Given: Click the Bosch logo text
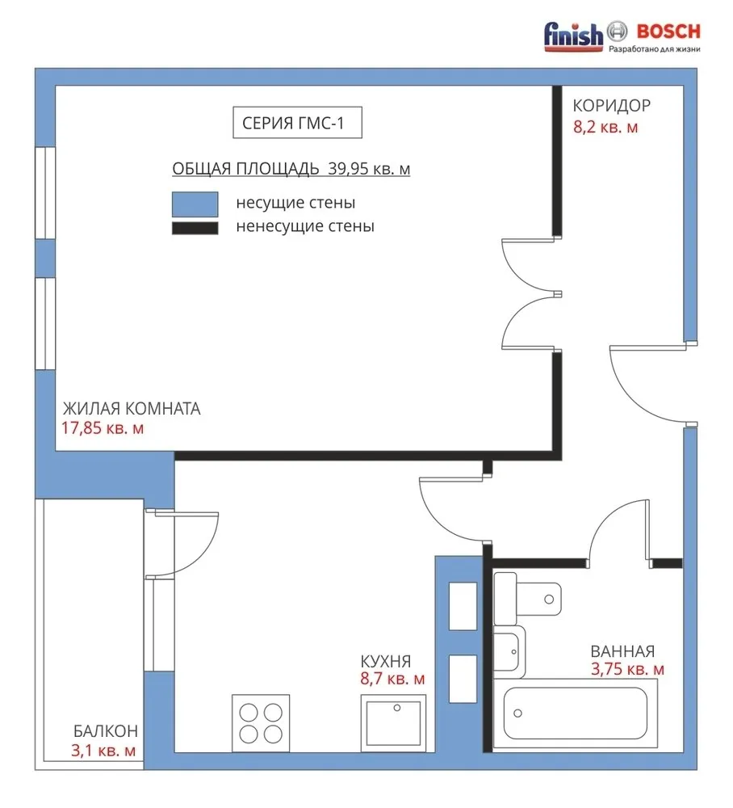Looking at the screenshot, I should click(x=669, y=32).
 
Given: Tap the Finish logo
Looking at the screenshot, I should click(x=574, y=34).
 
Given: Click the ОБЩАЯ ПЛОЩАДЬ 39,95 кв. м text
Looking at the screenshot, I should click(x=291, y=169).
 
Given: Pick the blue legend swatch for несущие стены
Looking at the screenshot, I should click(x=195, y=203).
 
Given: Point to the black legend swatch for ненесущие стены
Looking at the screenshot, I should click(x=195, y=229).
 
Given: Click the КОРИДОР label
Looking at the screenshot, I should click(x=611, y=106).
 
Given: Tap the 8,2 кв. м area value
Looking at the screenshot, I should click(x=605, y=127).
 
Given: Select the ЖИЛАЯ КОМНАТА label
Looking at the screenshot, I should click(x=131, y=409).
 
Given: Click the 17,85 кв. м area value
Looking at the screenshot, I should click(x=103, y=428).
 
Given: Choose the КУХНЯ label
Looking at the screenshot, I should click(x=386, y=660).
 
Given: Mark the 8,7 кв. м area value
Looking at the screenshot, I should click(x=392, y=680).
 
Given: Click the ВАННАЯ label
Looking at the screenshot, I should click(x=622, y=651).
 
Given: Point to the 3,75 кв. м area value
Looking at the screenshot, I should click(x=627, y=670).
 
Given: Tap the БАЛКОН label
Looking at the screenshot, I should click(x=105, y=731).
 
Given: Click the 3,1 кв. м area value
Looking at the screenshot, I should click(x=103, y=751).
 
